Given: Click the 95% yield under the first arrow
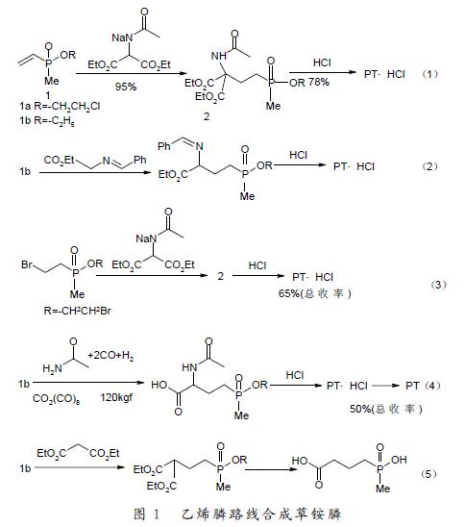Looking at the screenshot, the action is click(x=126, y=87).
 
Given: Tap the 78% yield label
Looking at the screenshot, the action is click(x=319, y=82).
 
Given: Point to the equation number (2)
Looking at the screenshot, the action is click(x=429, y=166).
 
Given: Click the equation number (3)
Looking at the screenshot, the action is click(x=439, y=285).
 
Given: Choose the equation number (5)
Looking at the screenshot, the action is click(x=428, y=474).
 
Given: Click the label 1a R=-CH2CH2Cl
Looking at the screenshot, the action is click(x=60, y=107).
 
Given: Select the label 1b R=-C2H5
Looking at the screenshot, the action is click(x=47, y=121).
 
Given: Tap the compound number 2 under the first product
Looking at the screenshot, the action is click(x=207, y=116).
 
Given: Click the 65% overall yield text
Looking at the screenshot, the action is click(x=314, y=293).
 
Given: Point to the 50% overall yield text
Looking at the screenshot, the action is click(x=386, y=409).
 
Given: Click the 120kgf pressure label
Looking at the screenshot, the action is click(x=116, y=397).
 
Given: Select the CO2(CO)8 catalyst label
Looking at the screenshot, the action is click(x=56, y=399).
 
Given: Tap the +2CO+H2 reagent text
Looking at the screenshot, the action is click(x=110, y=356).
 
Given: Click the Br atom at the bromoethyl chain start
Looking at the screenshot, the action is click(x=27, y=264).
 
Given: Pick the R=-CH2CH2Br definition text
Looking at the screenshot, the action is click(x=77, y=311).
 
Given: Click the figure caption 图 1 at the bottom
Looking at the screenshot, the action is click(x=146, y=514).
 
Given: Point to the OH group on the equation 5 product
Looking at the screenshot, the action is click(x=399, y=460).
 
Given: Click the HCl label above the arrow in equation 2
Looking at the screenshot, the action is click(x=298, y=155).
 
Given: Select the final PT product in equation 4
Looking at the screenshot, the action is click(x=412, y=386).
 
